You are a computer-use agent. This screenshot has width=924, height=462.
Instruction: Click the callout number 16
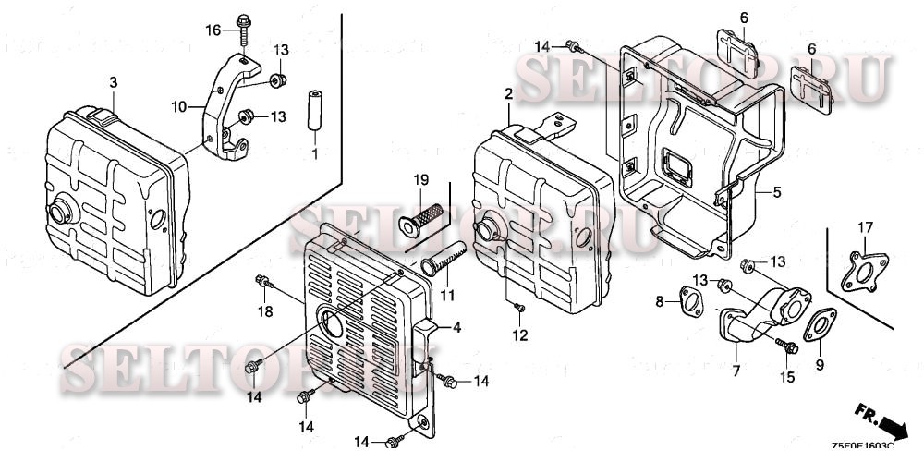pyautogui.click(x=213, y=30)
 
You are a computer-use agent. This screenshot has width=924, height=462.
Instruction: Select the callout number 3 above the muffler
pyautogui.click(x=113, y=83)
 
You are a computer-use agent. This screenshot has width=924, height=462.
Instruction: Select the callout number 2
pyautogui.click(x=508, y=94)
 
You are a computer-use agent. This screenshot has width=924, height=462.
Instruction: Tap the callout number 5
pyautogui.click(x=776, y=192)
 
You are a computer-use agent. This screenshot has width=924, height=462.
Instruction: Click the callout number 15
pyautogui.click(x=788, y=376)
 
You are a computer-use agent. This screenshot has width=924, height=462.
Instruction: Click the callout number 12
pyautogui.click(x=521, y=334)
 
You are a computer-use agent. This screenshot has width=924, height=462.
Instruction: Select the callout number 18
pyautogui.click(x=266, y=312)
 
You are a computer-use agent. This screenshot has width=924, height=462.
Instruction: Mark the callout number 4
pyautogui.click(x=455, y=327)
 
